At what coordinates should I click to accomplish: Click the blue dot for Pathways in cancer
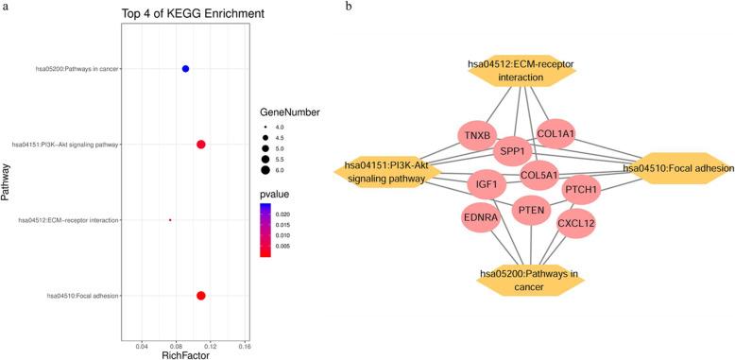click(185, 69)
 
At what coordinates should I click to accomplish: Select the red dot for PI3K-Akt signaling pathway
click(200, 145)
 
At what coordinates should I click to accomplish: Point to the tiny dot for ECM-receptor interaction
click(170, 220)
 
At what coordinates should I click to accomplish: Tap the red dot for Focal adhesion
click(200, 296)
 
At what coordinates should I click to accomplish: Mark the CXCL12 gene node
click(575, 224)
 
